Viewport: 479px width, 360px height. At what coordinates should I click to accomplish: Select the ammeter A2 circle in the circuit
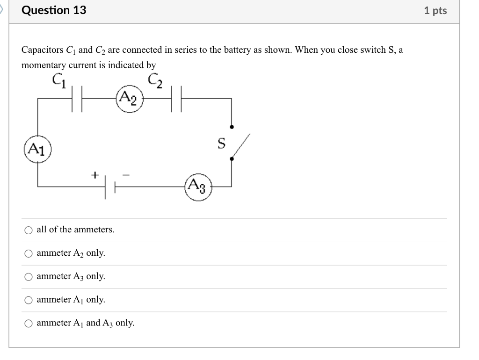tap(130, 99)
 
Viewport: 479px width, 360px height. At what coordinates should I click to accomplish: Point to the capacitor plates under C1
tap(78, 99)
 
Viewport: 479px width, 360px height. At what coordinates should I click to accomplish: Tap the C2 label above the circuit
tap(156, 80)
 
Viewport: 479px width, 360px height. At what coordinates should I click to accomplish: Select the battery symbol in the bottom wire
tap(109, 187)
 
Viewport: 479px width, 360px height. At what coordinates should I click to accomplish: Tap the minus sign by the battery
tap(125, 175)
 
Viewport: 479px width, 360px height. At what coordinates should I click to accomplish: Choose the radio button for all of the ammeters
tap(29, 230)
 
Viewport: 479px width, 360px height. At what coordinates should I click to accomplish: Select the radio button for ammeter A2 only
tap(29, 253)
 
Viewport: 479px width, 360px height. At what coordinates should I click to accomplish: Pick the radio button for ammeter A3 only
tap(29, 277)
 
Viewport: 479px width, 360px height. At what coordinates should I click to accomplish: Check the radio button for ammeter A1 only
tap(29, 300)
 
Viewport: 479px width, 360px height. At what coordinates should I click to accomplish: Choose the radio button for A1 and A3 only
tap(29, 324)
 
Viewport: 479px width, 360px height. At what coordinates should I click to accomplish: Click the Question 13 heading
tap(54, 10)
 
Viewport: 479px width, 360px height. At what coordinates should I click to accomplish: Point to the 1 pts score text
tap(435, 11)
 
